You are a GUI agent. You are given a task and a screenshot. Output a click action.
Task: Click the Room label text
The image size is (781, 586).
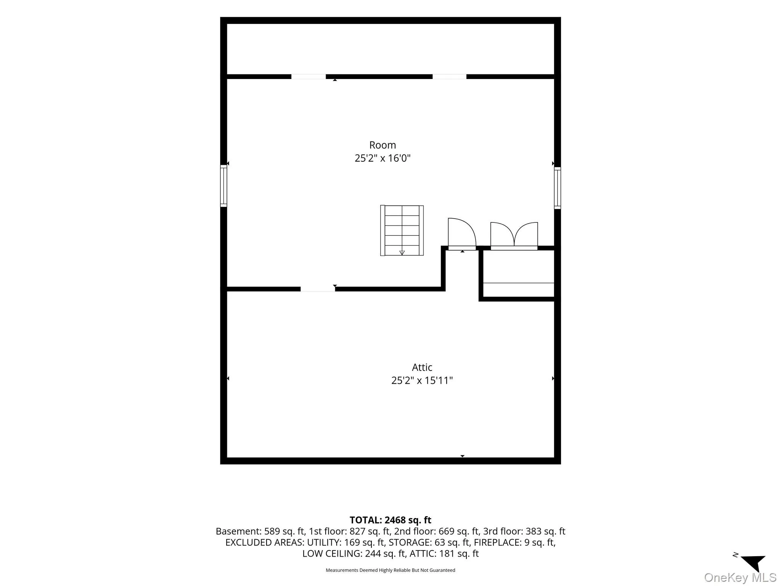tap(382, 145)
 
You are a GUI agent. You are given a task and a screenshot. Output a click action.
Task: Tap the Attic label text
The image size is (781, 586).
tap(422, 367)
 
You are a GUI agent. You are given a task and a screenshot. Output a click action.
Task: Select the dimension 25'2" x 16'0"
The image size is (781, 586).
tap(382, 158)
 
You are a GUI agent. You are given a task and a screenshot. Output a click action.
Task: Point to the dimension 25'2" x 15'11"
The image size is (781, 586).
tap(422, 380)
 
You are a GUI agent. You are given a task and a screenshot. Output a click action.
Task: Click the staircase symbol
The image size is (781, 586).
tap(402, 230)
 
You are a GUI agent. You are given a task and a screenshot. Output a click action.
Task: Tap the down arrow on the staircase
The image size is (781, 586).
tap(402, 252)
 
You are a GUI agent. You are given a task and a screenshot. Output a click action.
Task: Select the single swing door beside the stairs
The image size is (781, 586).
tap(462, 233)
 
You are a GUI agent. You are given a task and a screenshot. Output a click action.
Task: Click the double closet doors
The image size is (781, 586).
tap(514, 236)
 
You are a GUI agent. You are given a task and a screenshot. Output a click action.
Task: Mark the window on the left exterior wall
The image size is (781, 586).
tap(223, 186)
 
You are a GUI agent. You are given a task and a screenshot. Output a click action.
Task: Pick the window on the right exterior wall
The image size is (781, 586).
tap(558, 188)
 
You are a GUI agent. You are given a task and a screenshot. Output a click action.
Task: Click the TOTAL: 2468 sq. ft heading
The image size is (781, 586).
tap(390, 520)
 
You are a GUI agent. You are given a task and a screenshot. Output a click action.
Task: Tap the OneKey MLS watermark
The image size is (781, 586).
tap(740, 577)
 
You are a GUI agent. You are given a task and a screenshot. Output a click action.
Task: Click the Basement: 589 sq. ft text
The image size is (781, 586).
tap(260, 531)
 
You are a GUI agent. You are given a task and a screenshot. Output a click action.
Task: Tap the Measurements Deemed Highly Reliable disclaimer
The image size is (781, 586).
tap(390, 570)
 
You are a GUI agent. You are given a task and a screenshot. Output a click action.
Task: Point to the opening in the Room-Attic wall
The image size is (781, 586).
tap(318, 289)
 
